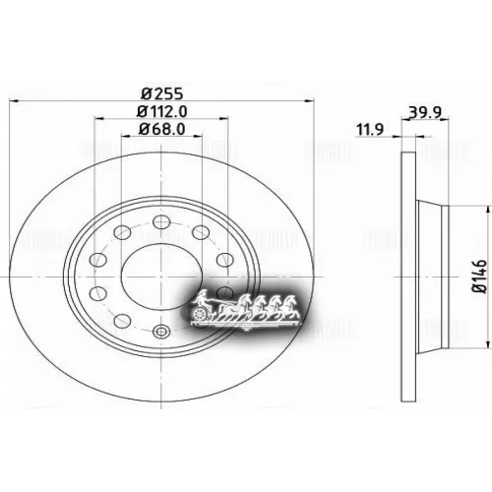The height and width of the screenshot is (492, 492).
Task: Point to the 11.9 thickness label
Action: tap(368, 128)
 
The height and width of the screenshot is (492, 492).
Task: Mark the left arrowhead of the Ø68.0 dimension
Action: tap(125, 138)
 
